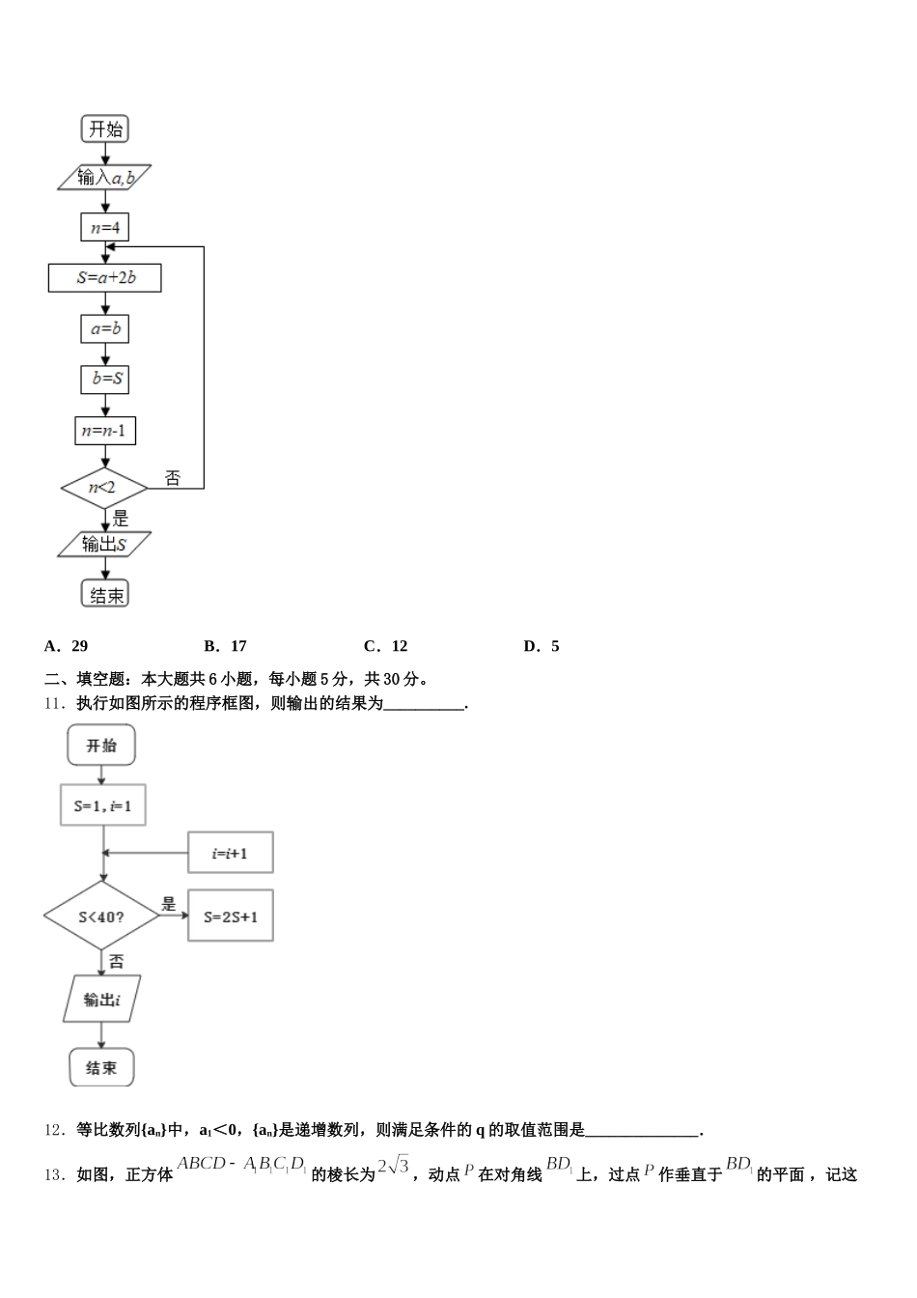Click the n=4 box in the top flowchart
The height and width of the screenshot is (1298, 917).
pyautogui.click(x=104, y=228)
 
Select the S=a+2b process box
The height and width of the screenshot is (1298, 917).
pyautogui.click(x=104, y=278)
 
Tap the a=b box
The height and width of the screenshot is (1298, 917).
pyautogui.click(x=104, y=329)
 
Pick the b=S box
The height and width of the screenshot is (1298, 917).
pyautogui.click(x=104, y=380)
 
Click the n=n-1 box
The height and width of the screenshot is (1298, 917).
pyautogui.click(x=104, y=431)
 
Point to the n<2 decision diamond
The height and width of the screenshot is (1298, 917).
pyautogui.click(x=103, y=489)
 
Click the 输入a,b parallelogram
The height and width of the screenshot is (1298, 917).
pyautogui.click(x=104, y=178)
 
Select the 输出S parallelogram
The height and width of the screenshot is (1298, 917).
pyautogui.click(x=104, y=545)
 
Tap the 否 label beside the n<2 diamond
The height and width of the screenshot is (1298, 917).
pyautogui.click(x=172, y=478)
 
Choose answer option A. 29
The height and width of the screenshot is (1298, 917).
pyautogui.click(x=67, y=646)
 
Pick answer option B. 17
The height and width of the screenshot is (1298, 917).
pyautogui.click(x=226, y=646)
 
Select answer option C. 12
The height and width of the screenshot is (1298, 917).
pyautogui.click(x=386, y=646)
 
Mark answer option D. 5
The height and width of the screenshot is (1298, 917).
pyautogui.click(x=542, y=646)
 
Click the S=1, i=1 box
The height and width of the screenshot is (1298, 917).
pyautogui.click(x=103, y=805)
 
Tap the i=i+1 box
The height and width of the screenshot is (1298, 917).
pyautogui.click(x=230, y=853)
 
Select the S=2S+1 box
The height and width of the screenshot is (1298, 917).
pyautogui.click(x=230, y=916)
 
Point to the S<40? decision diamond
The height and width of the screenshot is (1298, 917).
pyautogui.click(x=101, y=916)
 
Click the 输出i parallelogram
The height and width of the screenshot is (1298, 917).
pyautogui.click(x=101, y=1000)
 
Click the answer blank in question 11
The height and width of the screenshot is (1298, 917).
pyautogui.click(x=424, y=705)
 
